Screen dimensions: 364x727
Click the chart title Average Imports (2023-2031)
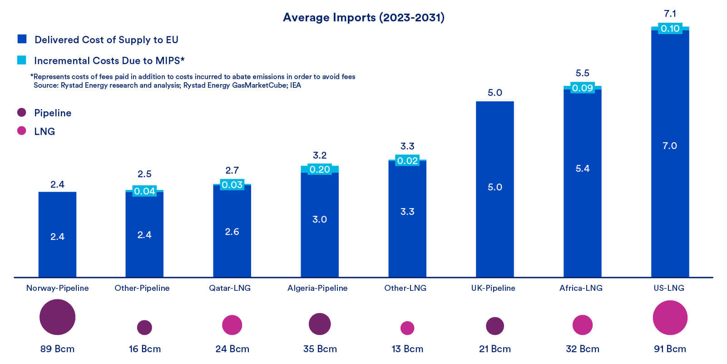tap(363, 17)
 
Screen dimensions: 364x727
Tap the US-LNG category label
tap(668, 288)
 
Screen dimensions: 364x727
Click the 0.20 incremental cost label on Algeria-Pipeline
tap(320, 170)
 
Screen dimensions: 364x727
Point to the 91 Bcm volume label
tap(670, 349)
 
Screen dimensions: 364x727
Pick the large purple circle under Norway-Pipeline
tap(57, 317)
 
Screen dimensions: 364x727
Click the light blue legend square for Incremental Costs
tap(21, 60)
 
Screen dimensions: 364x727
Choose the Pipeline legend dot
tap(21, 112)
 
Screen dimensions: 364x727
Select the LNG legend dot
tap(21, 131)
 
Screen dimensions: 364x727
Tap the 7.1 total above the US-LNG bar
tap(670, 14)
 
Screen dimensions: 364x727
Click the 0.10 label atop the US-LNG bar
tap(670, 29)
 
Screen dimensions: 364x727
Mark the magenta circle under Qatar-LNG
tap(232, 325)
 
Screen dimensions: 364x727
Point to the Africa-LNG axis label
tap(581, 288)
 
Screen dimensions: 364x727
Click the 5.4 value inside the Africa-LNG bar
tap(582, 169)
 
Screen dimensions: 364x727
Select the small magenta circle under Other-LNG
tap(407, 328)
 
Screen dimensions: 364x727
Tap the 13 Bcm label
tap(407, 349)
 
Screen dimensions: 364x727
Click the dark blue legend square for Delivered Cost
tap(22, 39)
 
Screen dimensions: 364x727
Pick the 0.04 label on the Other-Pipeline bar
tap(144, 191)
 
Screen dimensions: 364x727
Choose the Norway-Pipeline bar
tap(57, 234)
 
